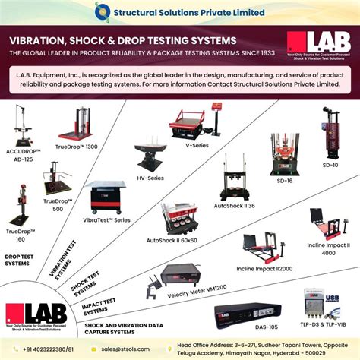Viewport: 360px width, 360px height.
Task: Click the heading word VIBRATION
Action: pyautogui.click(x=42, y=39)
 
